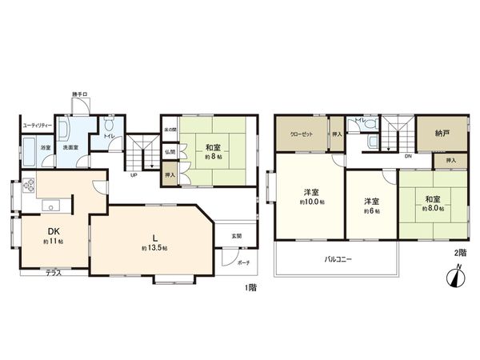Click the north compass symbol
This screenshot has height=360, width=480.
454,276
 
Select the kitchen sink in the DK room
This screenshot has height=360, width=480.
52,207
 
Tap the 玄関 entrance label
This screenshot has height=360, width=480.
237,235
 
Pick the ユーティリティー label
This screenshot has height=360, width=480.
37,126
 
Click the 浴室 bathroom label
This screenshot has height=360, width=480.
46,148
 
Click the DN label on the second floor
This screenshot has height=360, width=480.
408,157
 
